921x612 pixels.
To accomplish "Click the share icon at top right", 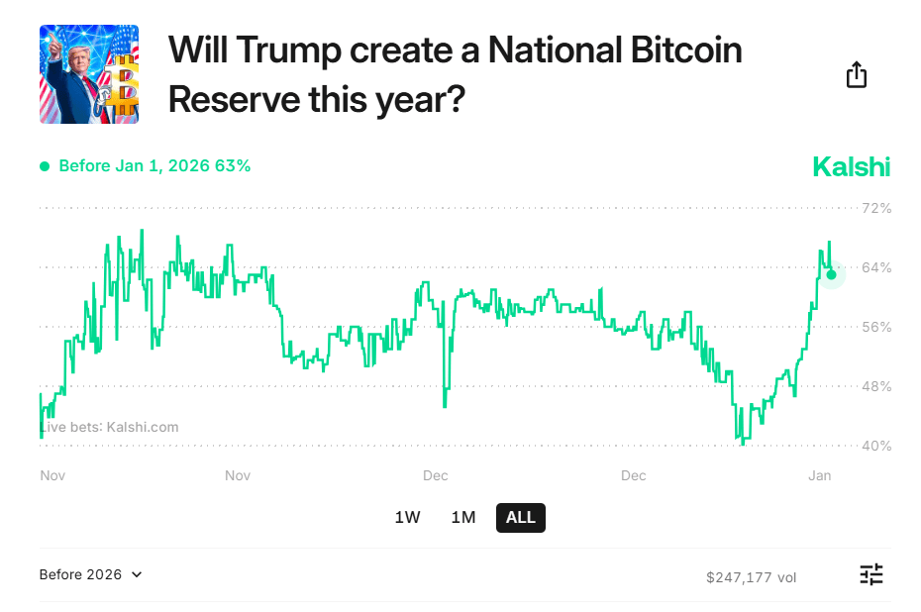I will coord(857,75).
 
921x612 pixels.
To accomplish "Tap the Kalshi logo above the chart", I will coord(851,166).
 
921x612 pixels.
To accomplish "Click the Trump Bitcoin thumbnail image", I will coord(89,74).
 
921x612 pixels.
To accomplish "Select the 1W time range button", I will coord(407,517).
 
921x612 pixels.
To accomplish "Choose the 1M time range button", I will coord(463,517).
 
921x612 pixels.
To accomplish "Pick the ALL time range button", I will coord(520,517).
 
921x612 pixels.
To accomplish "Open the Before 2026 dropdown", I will coord(91,574).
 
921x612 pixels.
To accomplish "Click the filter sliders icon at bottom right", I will coord(870,574).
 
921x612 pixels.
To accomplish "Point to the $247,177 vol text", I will coord(751,576).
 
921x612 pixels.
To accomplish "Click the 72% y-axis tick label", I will coord(876,209).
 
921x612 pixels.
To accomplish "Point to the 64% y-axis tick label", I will coord(876,267).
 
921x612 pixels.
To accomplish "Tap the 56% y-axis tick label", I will coord(876,327).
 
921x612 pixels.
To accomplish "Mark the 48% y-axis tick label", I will coord(876,386).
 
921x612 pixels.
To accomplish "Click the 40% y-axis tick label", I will coord(876,446).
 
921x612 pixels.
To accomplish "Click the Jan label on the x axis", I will coord(819,476).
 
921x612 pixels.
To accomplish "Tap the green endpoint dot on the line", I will coord(832,274).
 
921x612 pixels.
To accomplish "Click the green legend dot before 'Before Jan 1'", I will coord(45,166).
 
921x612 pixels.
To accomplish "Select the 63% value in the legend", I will coord(233,166).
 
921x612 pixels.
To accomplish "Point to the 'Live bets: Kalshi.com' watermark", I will coord(109,427).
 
